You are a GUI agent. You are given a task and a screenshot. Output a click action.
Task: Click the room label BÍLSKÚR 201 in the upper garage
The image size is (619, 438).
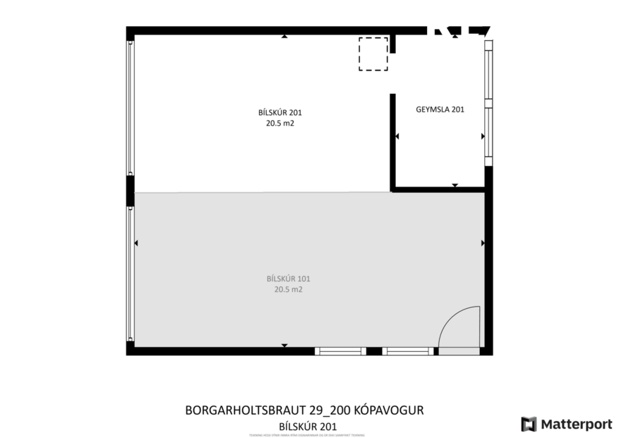pos(275,112)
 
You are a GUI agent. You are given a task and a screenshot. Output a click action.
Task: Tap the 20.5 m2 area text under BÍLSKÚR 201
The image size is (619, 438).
pos(275,122)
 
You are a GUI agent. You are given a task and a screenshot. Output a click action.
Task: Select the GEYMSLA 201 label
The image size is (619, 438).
pos(439,109)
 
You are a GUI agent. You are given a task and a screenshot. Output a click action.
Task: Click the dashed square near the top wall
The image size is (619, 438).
pos(373,54)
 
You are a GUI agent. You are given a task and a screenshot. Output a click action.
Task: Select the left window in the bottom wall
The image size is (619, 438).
pos(340,350)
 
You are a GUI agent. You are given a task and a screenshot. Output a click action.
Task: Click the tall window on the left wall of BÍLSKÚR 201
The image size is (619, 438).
pos(131,107)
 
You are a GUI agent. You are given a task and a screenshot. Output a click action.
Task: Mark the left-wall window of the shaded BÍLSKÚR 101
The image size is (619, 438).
pos(131,272)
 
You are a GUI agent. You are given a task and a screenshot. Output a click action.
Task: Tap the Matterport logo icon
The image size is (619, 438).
pos(529,424)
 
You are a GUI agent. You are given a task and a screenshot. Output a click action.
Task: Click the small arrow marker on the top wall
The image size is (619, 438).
pos(284,35)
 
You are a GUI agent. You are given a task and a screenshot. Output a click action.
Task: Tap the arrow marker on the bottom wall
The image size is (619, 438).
pos(284,345)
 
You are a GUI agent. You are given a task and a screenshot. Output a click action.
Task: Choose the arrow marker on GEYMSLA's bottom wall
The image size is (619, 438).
pos(455,186)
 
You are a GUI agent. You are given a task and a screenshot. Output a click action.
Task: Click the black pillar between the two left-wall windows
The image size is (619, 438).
pos(131,190)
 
